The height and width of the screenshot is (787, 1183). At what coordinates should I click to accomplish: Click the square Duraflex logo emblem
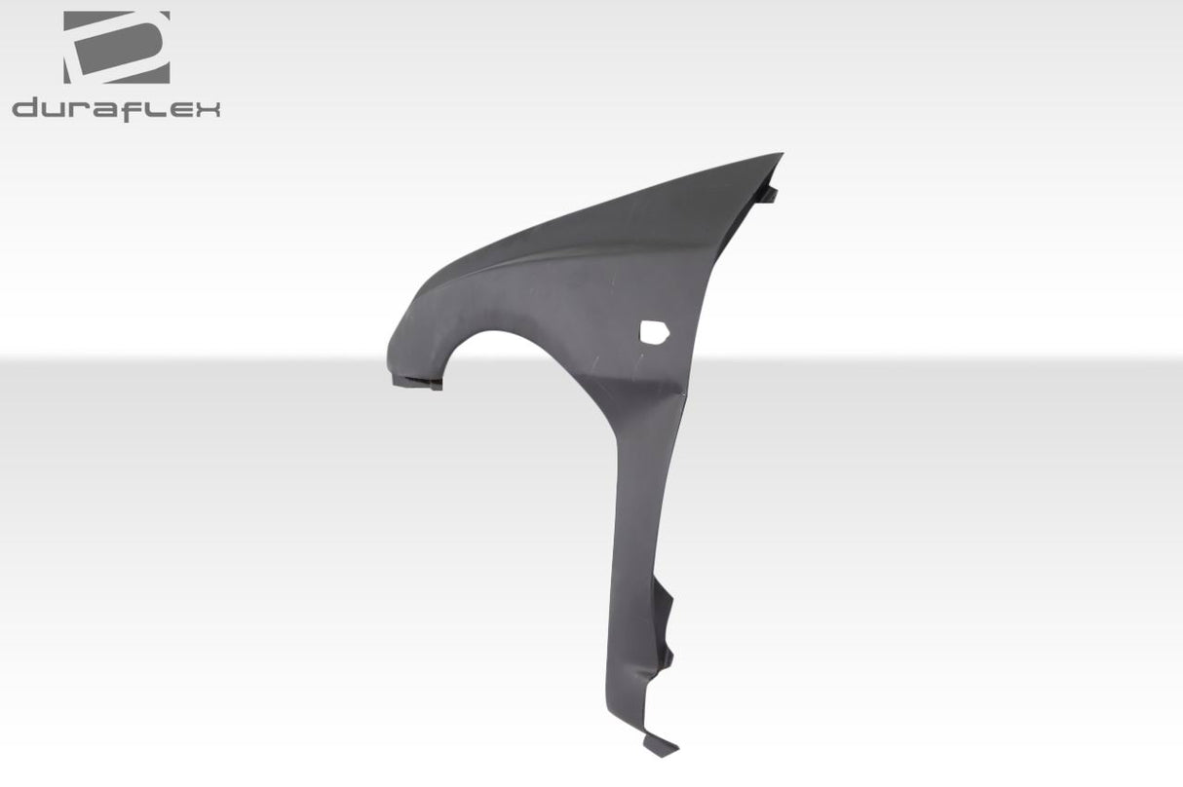117,47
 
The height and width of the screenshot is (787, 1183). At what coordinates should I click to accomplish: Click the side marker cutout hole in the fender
653,333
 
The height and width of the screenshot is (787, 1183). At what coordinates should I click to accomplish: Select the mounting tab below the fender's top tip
769,194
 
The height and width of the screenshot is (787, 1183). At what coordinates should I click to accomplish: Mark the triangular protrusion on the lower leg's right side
666,604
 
